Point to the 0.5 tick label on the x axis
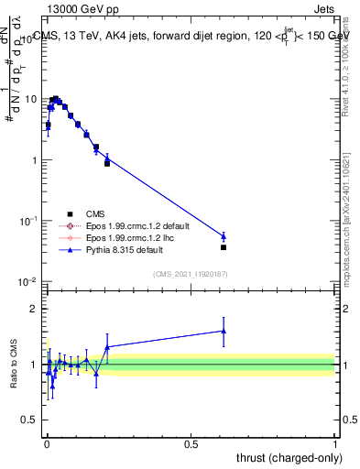coord(191,443)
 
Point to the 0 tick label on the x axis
coord(46,443)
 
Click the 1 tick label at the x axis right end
coord(335,443)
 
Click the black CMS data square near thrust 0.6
coord(224,247)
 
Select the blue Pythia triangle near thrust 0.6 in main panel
coord(224,236)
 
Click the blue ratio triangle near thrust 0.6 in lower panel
coord(224,331)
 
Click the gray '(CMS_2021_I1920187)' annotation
coord(191,273)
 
